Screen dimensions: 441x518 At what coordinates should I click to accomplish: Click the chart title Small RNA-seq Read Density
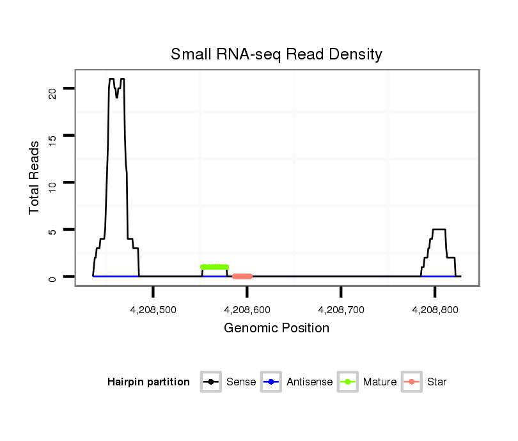tap(276, 54)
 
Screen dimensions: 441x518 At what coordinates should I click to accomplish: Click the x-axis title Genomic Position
tap(276, 329)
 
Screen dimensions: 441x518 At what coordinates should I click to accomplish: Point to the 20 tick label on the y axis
tap(52, 93)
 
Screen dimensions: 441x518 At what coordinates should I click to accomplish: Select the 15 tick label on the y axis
tap(52, 141)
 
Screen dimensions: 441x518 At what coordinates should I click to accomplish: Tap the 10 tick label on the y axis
tap(52, 188)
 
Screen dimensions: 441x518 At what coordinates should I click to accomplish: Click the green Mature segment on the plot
tap(214, 267)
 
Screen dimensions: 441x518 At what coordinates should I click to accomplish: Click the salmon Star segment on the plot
tap(242, 277)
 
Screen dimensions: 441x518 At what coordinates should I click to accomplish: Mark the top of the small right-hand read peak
tap(439, 229)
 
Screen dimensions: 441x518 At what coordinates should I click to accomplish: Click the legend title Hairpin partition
tap(148, 382)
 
